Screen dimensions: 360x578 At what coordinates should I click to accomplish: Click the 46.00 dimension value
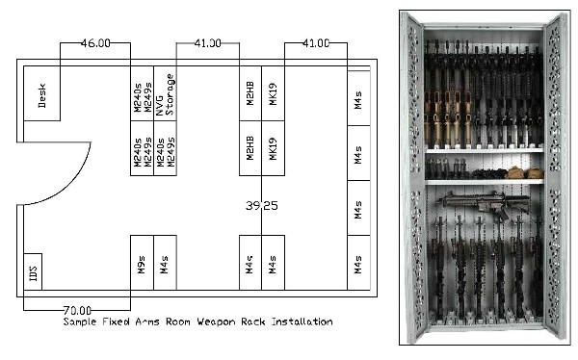point(93,43)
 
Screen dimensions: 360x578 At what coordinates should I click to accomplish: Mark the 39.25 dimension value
point(261,206)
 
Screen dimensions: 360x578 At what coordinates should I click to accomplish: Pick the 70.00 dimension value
point(77,311)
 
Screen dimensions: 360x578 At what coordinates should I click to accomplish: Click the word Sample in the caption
point(81,322)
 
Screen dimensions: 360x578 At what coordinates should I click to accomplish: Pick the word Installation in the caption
point(316,322)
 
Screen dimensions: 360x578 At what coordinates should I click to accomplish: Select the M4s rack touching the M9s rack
point(166,263)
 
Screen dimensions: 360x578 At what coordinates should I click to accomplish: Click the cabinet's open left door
point(412,178)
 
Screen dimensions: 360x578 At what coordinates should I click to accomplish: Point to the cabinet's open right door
point(556,178)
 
